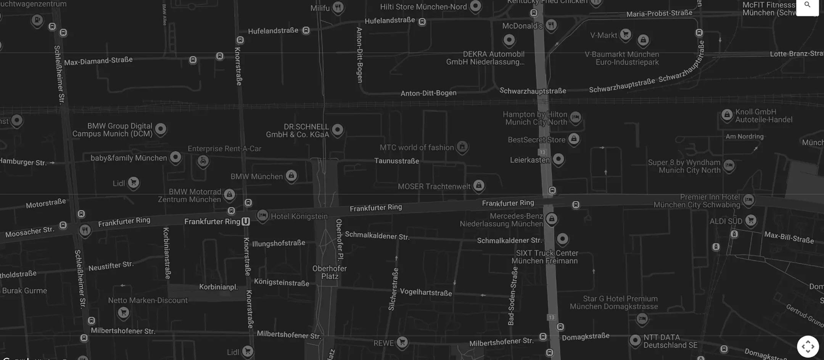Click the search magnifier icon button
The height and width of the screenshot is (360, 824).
[x=807, y=5]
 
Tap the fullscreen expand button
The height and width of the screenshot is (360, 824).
[x=808, y=346]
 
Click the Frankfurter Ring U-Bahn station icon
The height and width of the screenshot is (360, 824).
[x=246, y=222]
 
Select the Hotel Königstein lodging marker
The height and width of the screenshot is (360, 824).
[x=262, y=215]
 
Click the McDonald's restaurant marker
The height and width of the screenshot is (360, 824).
[x=551, y=25]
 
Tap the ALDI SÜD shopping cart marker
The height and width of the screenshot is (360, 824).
[x=750, y=220]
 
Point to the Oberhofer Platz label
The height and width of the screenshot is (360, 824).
[x=330, y=272]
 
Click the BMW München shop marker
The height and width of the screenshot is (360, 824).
[x=291, y=175]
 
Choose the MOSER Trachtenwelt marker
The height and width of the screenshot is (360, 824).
[x=478, y=185]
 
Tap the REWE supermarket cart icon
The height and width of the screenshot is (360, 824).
[x=402, y=342]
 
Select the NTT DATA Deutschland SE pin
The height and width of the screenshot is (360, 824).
[x=635, y=340]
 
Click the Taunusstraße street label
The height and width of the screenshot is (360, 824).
[x=396, y=161]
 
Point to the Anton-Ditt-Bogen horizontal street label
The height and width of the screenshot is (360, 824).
[x=428, y=93]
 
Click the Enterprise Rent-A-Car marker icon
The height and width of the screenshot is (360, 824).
[x=203, y=161]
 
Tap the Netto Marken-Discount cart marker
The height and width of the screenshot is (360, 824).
[x=123, y=313]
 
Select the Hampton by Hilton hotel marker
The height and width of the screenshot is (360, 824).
[x=575, y=117]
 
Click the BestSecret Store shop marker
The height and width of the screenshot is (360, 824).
[x=574, y=139]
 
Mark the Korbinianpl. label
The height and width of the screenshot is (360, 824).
[x=218, y=287]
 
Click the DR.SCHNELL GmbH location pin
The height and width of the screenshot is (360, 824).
[x=337, y=130]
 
